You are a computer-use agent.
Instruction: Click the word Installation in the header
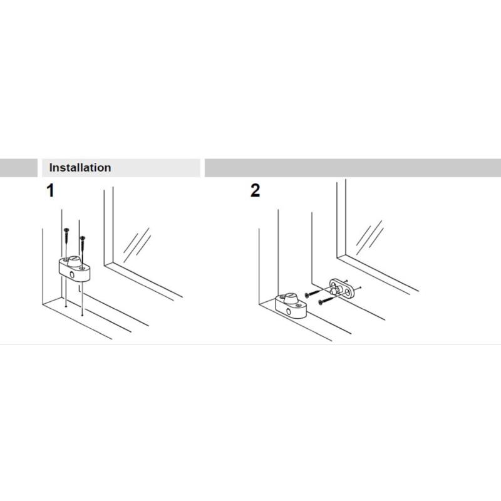pyautogui.click(x=80, y=168)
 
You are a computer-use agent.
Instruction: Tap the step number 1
pyautogui.click(x=51, y=190)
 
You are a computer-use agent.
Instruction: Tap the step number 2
pyautogui.click(x=255, y=190)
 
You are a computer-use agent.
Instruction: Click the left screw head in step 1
pyautogui.click(x=66, y=230)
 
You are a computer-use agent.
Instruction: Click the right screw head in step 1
pyautogui.click(x=83, y=238)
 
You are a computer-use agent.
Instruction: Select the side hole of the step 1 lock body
pyautogui.click(x=72, y=275)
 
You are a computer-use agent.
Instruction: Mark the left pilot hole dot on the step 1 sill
pyautogui.click(x=66, y=306)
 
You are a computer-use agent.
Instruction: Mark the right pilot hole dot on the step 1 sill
pyautogui.click(x=83, y=316)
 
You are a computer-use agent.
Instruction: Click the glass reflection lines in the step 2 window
pyautogui.click(x=369, y=237)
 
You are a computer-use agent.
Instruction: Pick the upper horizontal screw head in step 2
pyautogui.click(x=307, y=295)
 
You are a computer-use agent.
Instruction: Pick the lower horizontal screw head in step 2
pyautogui.click(x=321, y=302)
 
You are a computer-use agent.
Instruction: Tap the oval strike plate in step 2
pyautogui.click(x=341, y=289)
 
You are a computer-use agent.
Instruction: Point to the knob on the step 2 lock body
pyautogui.click(x=291, y=298)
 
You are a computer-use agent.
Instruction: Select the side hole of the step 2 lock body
pyautogui.click(x=289, y=312)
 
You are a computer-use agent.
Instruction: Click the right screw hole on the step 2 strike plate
pyautogui.click(x=346, y=291)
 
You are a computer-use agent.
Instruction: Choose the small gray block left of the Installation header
pyautogui.click(x=19, y=168)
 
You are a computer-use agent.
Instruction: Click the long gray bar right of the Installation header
pyautogui.click(x=353, y=168)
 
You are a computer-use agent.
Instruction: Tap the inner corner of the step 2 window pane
pyautogui.click(x=346, y=255)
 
